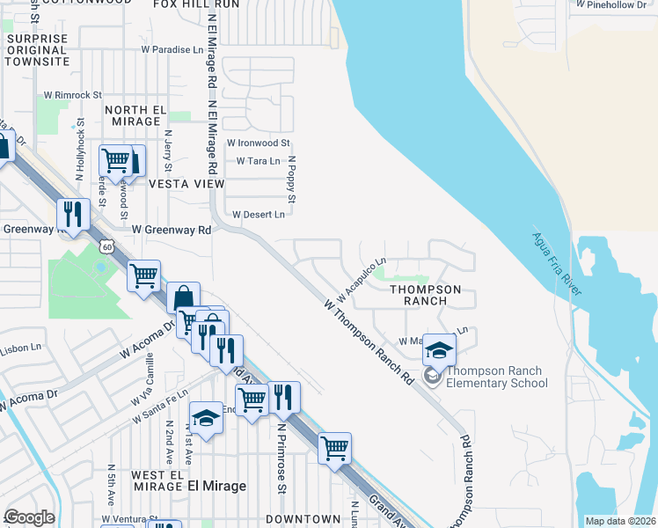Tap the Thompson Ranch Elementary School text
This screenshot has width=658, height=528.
click(x=497, y=377)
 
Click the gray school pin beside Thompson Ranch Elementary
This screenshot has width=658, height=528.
click(x=432, y=376)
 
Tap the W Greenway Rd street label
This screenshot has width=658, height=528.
click(x=172, y=230)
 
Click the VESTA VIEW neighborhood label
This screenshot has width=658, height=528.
click(x=186, y=184)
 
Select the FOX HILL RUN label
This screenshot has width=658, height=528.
click(x=196, y=4)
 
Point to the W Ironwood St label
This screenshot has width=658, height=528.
click(x=258, y=143)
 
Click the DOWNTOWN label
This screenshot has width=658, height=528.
click(x=303, y=519)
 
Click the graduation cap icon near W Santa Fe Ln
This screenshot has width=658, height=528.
click(x=206, y=418)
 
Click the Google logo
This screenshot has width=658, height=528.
click(x=30, y=517)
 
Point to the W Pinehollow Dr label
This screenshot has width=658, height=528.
click(x=616, y=4)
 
